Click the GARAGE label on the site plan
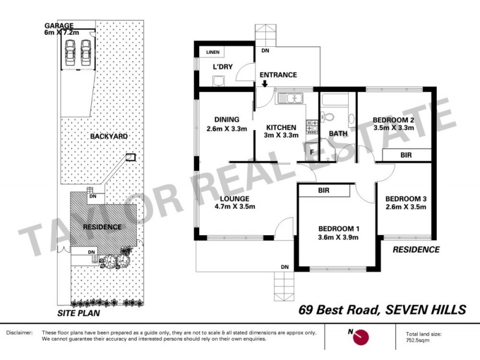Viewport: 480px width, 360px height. [x=58, y=26]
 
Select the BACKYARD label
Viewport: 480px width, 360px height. [x=109, y=137]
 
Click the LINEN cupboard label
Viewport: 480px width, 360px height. [x=214, y=53]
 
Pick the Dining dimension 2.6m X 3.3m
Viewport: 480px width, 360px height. [x=227, y=128]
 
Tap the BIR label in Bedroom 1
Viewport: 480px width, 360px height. [x=325, y=190]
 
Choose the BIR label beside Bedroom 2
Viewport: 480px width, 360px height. [x=406, y=155]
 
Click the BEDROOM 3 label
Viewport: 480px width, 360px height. [x=406, y=199]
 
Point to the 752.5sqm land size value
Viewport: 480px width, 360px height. [x=415, y=339]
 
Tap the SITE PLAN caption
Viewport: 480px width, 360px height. [x=79, y=313]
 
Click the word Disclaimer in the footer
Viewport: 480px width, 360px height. [x=20, y=332]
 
